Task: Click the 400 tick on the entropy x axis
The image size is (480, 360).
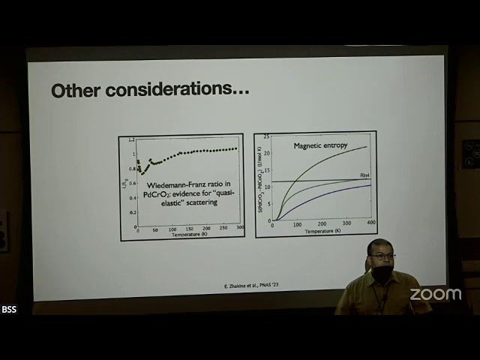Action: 370,224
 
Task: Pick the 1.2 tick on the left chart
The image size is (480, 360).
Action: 131,140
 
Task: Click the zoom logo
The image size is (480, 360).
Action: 435,294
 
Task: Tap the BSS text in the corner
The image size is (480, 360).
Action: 9,310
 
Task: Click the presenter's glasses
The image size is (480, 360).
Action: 382,256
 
